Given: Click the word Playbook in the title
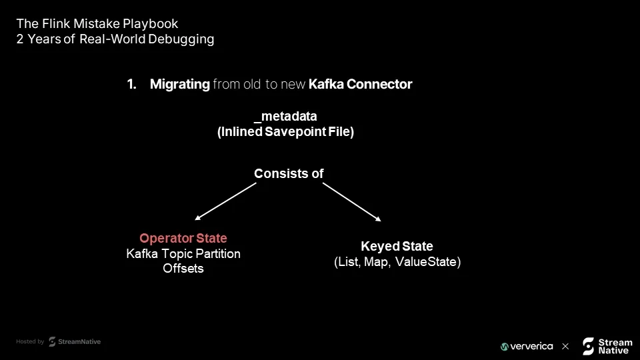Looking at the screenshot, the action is [150, 24].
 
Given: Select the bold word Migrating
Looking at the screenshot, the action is [179, 84].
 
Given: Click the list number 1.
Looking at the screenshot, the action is [131, 84].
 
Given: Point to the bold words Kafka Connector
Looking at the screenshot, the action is [361, 84].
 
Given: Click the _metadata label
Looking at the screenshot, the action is [285, 116].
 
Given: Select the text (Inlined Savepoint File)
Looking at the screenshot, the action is [286, 131].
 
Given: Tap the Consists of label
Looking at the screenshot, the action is [289, 173].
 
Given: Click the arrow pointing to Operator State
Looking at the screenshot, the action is [226, 201].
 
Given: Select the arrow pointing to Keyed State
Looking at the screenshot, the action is [352, 202].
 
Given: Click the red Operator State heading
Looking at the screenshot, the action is [183, 238].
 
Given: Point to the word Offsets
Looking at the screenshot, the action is [183, 269].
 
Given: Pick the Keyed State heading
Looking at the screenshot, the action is [397, 246].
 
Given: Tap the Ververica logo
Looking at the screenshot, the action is [527, 347].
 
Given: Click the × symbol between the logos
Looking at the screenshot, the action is [565, 347].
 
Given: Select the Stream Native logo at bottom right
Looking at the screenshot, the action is [607, 346].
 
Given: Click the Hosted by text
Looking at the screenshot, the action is [30, 341].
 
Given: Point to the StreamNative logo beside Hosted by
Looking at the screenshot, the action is [75, 341].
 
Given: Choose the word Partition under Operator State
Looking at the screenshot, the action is [218, 254].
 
